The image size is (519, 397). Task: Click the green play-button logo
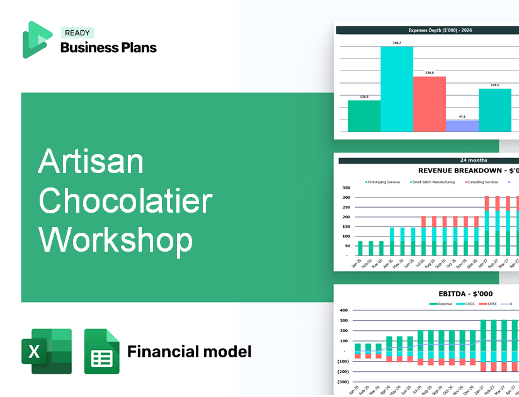[x=37, y=39]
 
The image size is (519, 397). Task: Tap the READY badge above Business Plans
[x=77, y=33]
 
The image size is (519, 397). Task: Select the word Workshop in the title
[x=115, y=240]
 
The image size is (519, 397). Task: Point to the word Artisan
[x=91, y=162]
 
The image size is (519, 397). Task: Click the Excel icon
[x=47, y=352]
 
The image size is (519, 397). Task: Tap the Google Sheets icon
[x=101, y=352]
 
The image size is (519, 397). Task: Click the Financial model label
[x=189, y=351]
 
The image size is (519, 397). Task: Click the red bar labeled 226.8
[x=430, y=104]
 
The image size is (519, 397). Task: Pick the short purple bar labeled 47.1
[x=462, y=126]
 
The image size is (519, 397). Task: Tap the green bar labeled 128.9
[x=364, y=116]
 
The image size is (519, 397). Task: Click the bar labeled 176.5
[x=495, y=110]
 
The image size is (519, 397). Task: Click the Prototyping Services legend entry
[x=383, y=182]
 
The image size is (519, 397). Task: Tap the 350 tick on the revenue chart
[x=346, y=188]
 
